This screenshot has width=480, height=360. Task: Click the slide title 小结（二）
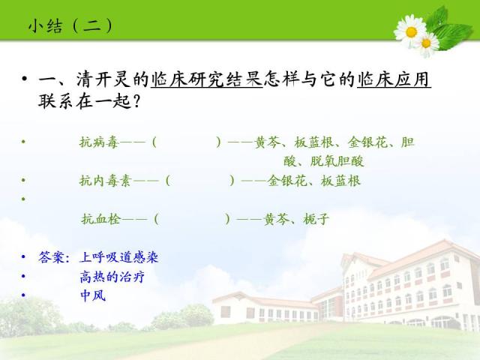tap(70, 25)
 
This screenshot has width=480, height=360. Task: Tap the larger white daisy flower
tap(410, 31)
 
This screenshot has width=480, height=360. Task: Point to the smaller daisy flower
tap(427, 43)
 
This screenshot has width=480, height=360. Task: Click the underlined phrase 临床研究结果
tap(207, 79)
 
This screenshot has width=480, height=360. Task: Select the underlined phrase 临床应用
tap(394, 79)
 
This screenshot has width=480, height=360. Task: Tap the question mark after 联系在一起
tap(136, 101)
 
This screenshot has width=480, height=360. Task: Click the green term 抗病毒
tap(98, 142)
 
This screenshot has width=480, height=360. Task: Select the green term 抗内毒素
tap(105, 181)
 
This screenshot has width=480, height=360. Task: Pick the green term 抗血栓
tap(101, 219)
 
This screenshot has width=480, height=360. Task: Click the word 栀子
tap(316, 219)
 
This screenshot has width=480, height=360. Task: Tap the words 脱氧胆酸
tap(337, 161)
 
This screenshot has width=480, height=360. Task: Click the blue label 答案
tap(51, 257)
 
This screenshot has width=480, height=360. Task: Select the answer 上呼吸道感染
tap(118, 257)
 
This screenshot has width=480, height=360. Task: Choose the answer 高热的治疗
tap(112, 277)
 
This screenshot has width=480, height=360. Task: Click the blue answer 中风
tap(93, 295)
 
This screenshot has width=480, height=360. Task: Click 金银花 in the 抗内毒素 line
tap(287, 181)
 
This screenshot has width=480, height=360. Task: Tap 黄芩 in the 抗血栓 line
tap(277, 219)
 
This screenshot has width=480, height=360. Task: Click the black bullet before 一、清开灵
tap(25, 79)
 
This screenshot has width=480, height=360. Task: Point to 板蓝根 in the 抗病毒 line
tap(313, 142)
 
